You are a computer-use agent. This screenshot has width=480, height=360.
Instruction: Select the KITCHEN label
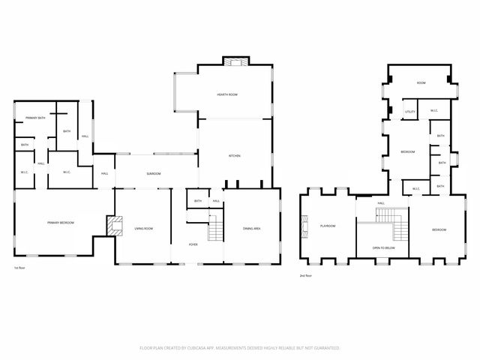234,156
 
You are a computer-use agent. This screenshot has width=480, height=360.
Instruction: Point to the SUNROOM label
154,173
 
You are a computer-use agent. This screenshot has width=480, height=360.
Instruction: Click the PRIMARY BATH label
36,118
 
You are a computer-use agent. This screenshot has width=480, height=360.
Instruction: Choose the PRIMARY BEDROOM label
59,223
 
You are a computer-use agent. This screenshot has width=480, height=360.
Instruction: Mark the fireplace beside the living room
113,226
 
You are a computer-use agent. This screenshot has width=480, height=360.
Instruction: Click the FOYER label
193,245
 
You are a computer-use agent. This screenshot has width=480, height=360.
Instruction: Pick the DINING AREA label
251,228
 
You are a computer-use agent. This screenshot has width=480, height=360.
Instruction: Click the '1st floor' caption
22,268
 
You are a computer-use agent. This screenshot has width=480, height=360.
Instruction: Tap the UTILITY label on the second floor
409,112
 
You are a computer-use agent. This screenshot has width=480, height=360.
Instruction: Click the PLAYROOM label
328,226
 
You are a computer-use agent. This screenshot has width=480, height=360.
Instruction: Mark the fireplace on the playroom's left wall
304,226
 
